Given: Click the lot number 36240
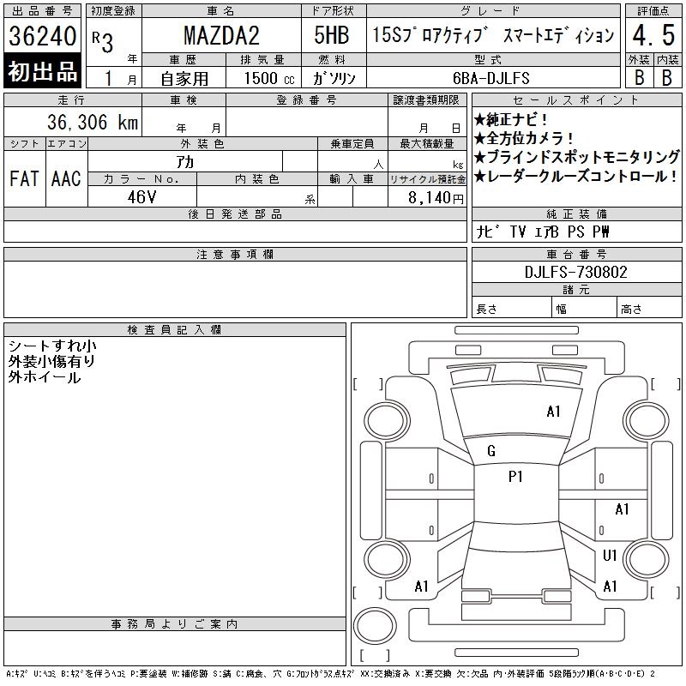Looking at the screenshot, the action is pos(42,35).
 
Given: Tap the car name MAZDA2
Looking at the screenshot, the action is pos(221,35).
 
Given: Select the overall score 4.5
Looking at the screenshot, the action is pos(653,35).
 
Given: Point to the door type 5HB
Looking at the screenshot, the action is pos(332,35).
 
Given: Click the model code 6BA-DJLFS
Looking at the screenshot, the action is pos(490,78).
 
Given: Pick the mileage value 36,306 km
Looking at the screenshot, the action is pos(93,122).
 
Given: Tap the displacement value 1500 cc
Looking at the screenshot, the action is pos(269,78).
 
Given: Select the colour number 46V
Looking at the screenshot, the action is pos(141,197).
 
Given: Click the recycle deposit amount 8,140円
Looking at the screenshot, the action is pos(436,198).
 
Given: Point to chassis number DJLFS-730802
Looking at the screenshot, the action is pos(575,272).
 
